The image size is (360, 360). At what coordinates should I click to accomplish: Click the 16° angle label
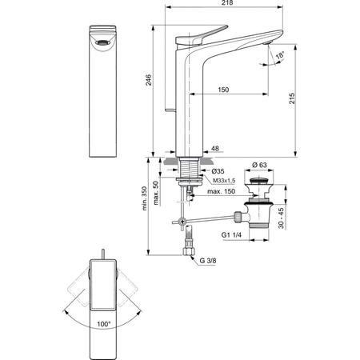point(279,56)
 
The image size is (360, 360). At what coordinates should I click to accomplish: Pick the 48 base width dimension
point(215,148)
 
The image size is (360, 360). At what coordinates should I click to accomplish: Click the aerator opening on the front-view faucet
point(102,42)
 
